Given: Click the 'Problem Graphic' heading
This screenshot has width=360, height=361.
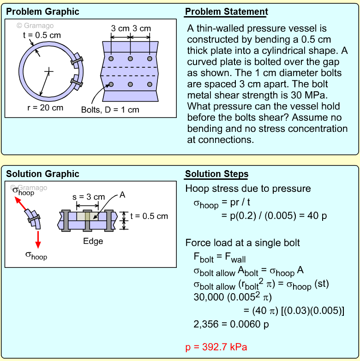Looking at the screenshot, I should (42, 12).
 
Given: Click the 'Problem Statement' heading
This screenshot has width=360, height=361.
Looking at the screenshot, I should (226, 12).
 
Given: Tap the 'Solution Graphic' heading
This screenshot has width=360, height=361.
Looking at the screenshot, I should (42, 174).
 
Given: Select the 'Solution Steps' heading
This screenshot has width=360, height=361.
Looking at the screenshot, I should (216, 174).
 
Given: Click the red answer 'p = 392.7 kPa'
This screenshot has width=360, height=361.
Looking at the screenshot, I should (219, 347).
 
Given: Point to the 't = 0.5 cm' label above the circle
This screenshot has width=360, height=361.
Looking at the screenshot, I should (42, 35).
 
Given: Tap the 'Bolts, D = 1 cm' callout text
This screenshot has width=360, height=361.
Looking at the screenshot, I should (110, 110).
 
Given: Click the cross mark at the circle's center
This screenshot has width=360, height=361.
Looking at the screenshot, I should (49, 71).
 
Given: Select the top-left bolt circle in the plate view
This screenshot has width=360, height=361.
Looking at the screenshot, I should (111, 59).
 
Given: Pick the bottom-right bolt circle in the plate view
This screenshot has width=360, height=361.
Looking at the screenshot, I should (150, 84).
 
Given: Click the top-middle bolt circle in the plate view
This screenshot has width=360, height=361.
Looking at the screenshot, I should (131, 59).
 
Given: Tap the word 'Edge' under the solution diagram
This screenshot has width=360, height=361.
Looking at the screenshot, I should (93, 241).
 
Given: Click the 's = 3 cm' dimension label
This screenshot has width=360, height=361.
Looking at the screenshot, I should (89, 197).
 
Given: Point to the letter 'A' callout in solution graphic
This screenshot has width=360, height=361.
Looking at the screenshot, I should (122, 195).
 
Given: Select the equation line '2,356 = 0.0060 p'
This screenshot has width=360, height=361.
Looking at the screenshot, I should (231, 324).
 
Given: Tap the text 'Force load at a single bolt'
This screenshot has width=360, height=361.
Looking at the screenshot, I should (243, 243).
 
